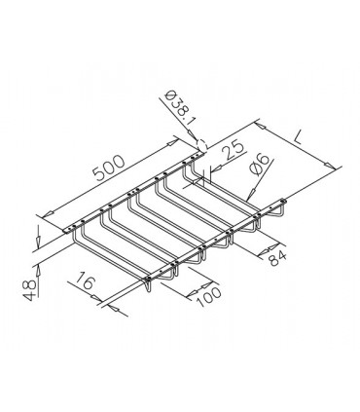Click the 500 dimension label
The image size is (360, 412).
click(109, 167)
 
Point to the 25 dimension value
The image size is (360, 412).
click(233, 150)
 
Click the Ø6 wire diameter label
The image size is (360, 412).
click(259, 164)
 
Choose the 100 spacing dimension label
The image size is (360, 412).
click(208, 296)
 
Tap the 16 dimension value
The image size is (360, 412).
click(84, 281)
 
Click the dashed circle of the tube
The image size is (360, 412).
click(201, 145)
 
